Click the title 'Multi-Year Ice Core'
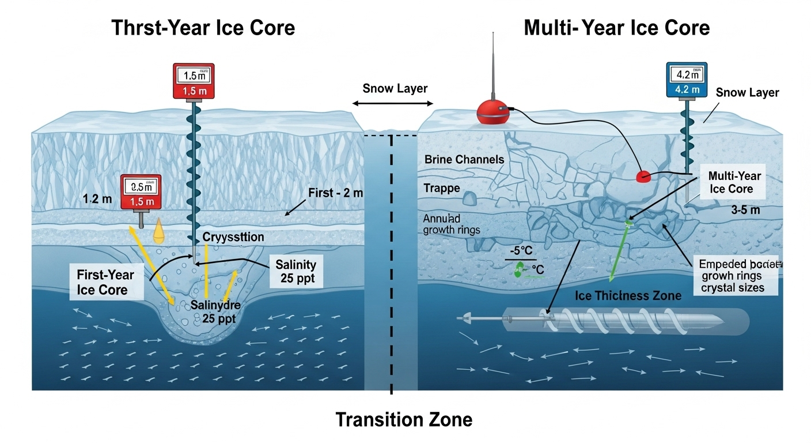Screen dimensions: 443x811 click(616, 27)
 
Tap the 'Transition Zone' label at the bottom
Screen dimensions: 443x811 click(404, 419)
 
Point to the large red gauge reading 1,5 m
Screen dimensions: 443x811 click(194, 82)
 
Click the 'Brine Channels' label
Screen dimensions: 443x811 click(464, 159)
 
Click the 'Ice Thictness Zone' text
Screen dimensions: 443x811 click(628, 295)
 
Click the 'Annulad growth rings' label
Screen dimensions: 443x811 click(452, 224)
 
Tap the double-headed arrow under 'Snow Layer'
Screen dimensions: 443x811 click(392, 103)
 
